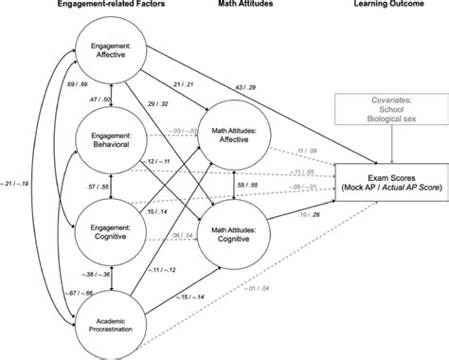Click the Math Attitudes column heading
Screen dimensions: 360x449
[229, 7]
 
